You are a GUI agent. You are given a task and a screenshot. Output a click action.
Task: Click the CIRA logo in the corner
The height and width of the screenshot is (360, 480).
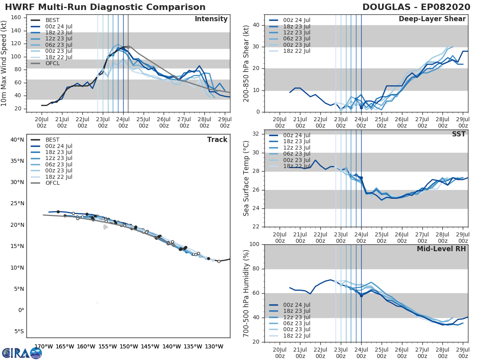22,353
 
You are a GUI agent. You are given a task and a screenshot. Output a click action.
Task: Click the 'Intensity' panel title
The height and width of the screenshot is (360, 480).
211,19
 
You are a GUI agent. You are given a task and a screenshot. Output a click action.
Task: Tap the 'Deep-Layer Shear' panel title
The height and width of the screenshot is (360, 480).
432,19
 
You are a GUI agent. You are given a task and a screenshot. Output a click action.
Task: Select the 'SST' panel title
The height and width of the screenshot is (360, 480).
458,134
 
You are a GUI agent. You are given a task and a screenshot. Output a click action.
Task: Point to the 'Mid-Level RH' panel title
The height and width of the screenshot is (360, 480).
441,249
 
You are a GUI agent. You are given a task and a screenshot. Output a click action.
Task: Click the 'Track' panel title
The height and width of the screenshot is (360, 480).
217,140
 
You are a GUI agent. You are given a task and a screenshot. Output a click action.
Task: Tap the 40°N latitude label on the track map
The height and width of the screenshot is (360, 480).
17,140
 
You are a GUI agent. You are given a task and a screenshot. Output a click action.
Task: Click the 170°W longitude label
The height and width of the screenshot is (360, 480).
44,346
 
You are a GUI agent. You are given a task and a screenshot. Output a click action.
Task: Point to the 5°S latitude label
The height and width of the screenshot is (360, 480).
19,331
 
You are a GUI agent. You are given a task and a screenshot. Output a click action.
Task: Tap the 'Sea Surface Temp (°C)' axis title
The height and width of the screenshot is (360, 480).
246,178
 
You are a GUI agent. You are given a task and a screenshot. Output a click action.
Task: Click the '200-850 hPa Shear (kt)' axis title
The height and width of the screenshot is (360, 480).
246,63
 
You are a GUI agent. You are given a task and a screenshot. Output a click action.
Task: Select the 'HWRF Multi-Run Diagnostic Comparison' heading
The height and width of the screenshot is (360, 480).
105,7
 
